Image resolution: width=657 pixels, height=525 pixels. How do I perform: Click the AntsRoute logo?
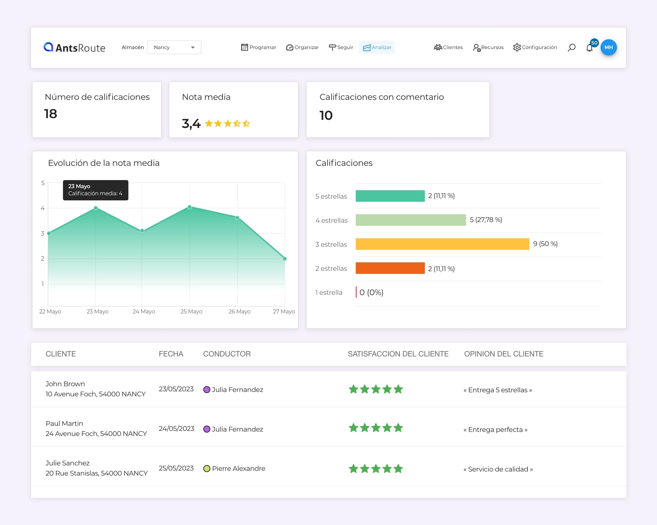[75, 47]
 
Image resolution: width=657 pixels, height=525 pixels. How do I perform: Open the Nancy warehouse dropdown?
[174, 47]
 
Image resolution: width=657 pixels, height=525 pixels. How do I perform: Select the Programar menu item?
[259, 47]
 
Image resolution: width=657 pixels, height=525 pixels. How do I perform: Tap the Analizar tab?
[377, 47]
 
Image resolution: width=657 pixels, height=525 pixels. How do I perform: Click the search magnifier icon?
[571, 47]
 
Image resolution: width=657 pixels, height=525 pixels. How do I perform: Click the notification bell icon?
[589, 48]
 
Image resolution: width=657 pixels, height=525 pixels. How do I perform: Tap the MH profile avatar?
[609, 47]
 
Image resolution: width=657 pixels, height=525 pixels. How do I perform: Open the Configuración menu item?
[535, 47]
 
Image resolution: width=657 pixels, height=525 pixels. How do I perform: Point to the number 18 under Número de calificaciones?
[50, 114]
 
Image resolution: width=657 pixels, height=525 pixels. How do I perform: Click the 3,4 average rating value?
[191, 124]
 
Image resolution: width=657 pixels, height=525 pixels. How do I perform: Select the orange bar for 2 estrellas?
[390, 268]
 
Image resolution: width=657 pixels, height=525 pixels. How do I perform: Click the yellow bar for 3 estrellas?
[442, 244]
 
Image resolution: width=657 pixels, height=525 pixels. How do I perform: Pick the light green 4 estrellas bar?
[411, 220]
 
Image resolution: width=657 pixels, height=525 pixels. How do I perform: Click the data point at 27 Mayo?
[285, 259]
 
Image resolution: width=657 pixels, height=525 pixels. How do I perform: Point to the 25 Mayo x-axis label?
[191, 311]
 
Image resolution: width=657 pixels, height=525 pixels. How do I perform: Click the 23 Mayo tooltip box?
[96, 190]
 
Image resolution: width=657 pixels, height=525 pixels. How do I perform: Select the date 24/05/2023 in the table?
[177, 429]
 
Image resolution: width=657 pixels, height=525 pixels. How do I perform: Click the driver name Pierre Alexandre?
[239, 468]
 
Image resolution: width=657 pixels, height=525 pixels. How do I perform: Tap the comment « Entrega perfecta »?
[495, 430]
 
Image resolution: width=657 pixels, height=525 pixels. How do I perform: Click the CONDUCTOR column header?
[227, 354]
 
